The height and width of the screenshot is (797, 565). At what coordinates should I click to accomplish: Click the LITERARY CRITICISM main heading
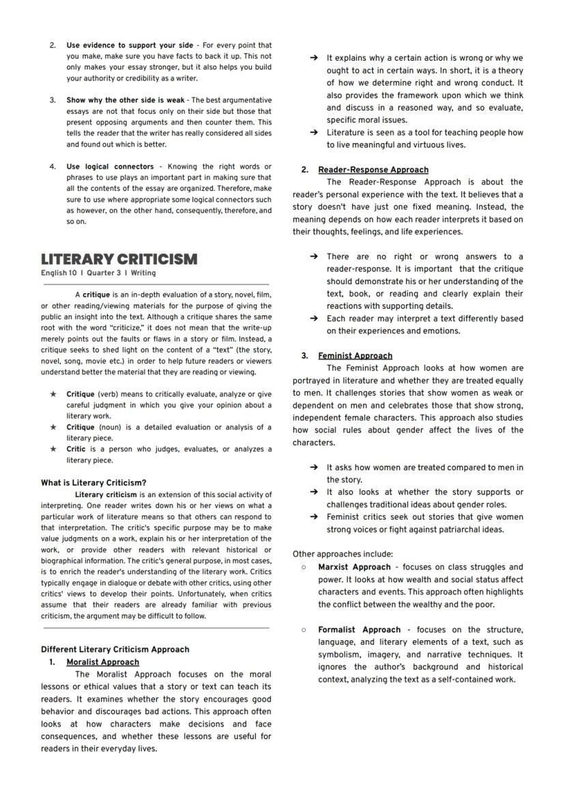[119, 259]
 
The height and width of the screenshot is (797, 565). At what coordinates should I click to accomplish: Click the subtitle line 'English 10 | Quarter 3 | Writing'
[98, 273]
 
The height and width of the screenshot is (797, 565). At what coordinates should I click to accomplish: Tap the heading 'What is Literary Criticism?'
[93, 483]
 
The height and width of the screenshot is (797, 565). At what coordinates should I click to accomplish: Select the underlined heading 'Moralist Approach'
[102, 662]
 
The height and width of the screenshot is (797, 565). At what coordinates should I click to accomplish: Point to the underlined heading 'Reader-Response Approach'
[373, 170]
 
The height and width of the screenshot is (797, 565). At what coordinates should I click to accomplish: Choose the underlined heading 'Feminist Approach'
[355, 356]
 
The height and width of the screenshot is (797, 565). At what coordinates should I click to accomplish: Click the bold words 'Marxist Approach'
[353, 567]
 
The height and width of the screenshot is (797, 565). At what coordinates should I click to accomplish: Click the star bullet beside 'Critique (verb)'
[53, 394]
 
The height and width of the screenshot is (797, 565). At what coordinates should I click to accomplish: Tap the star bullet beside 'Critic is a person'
[53, 449]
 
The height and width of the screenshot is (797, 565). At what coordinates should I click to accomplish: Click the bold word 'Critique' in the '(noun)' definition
[81, 427]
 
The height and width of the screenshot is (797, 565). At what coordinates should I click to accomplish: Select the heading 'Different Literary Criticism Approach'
[115, 650]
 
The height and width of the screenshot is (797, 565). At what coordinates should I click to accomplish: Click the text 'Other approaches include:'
[343, 554]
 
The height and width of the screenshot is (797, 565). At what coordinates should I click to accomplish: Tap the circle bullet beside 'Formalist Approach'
[304, 630]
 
